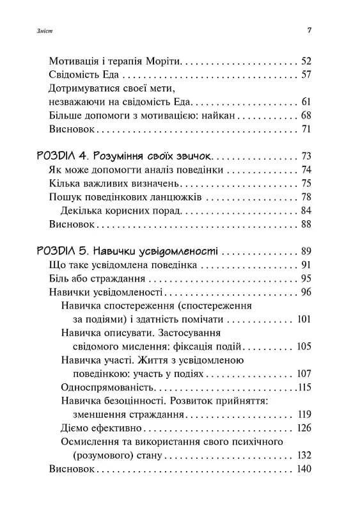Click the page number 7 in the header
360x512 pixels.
coord(309,30)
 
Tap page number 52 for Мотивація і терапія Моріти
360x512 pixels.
coord(305,61)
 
